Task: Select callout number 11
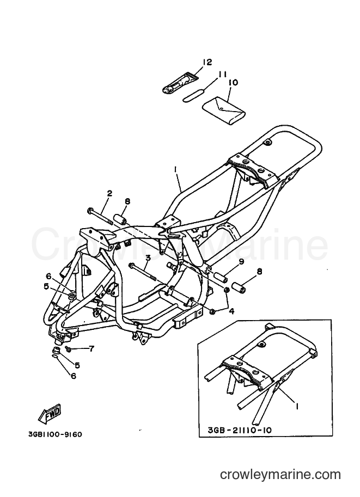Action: pyautogui.click(x=222, y=75)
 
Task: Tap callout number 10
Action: pyautogui.click(x=233, y=83)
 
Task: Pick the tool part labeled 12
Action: pyautogui.click(x=180, y=84)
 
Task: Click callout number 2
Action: pyautogui.click(x=109, y=194)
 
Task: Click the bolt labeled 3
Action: pyautogui.click(x=142, y=271)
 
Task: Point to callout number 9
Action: pyautogui.click(x=241, y=262)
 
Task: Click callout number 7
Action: pyautogui.click(x=91, y=349)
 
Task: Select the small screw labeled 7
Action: pyautogui.click(x=68, y=348)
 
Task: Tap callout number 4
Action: pyautogui.click(x=232, y=311)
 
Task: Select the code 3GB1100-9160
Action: pyautogui.click(x=54, y=434)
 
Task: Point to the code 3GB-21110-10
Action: pyautogui.click(x=240, y=430)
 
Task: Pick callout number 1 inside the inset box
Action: pyautogui.click(x=297, y=406)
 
